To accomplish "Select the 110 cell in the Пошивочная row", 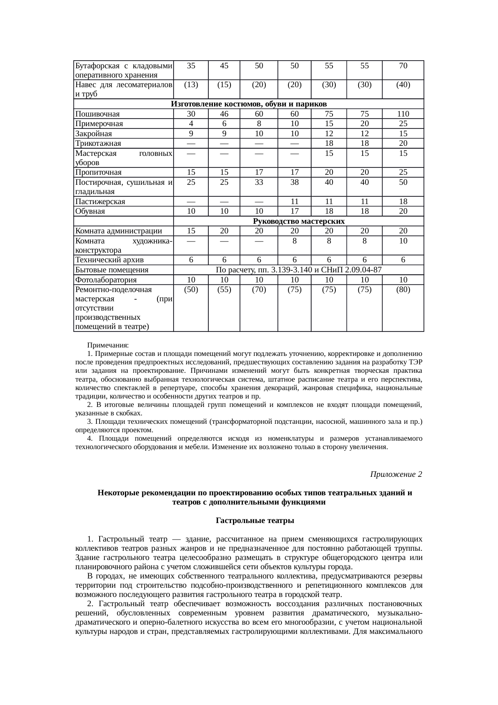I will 403,114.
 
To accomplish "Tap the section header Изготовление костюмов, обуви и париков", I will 249,104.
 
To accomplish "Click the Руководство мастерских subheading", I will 299,221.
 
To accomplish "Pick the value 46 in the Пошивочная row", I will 224,114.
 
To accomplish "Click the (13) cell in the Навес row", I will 191,85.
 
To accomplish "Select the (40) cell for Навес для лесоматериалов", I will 403,85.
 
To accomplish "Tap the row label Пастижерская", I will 100,202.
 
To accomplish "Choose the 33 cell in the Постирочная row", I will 259,182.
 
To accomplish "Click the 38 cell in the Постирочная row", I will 294,182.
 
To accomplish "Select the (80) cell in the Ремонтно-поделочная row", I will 403,290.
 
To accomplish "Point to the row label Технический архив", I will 109,260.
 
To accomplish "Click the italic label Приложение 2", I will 396,474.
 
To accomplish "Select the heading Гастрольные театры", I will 255,521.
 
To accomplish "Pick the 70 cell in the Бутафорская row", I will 403,65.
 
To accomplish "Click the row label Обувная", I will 90,211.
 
